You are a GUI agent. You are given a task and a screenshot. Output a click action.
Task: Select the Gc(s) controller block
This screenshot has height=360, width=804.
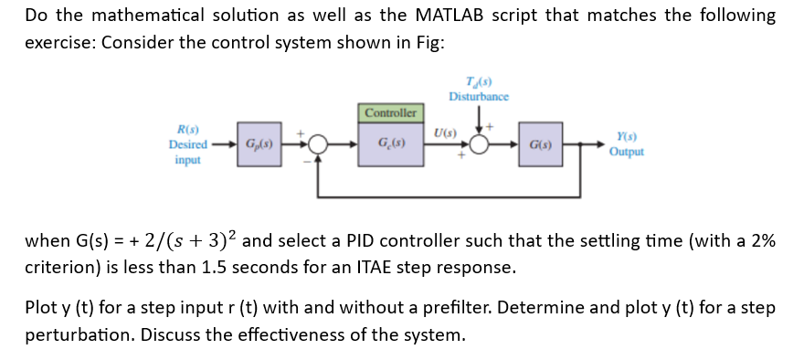coord(391,145)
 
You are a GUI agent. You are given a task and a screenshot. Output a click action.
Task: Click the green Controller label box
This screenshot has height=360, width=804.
coord(391,113)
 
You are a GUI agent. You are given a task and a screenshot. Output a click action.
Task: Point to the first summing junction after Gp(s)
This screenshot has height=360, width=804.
coord(317,145)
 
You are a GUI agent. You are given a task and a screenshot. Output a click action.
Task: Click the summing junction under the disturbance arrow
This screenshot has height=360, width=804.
coord(480,145)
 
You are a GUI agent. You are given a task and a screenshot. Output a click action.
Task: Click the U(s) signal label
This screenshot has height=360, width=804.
coord(444,133)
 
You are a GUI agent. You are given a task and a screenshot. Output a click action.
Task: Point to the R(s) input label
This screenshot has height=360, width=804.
coord(187,132)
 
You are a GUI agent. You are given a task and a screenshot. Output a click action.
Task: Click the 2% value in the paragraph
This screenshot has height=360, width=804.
coord(761,241)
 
